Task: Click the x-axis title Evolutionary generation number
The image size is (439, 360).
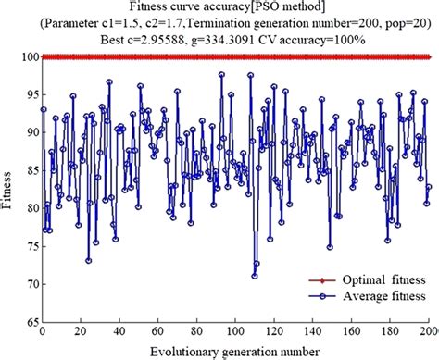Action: pyautogui.click(x=237, y=352)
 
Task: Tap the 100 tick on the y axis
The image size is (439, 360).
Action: pyautogui.click(x=27, y=57)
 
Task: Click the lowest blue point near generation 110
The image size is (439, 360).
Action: pyautogui.click(x=254, y=276)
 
